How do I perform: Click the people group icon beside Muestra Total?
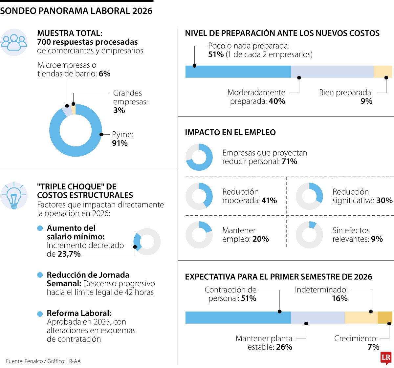(14, 42)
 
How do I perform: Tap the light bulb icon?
(14, 196)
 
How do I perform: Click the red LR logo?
(386, 358)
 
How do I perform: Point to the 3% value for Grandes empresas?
(119, 111)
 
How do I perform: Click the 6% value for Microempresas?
(104, 74)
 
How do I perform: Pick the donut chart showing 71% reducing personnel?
(199, 157)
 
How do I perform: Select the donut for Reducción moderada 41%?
(199, 196)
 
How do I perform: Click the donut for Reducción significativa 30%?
(309, 196)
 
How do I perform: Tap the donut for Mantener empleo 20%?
(199, 235)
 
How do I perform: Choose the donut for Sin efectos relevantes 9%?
(309, 235)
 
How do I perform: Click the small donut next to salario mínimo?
(147, 242)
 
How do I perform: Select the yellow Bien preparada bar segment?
(383, 72)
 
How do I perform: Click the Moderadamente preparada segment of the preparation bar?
(332, 72)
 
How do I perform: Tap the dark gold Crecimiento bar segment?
(385, 317)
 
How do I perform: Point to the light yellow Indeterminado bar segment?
(361, 317)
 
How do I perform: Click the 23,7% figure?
(69, 254)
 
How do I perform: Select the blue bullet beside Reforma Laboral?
(40, 314)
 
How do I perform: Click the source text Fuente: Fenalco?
(43, 361)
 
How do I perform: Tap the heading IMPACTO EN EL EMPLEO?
(230, 133)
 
